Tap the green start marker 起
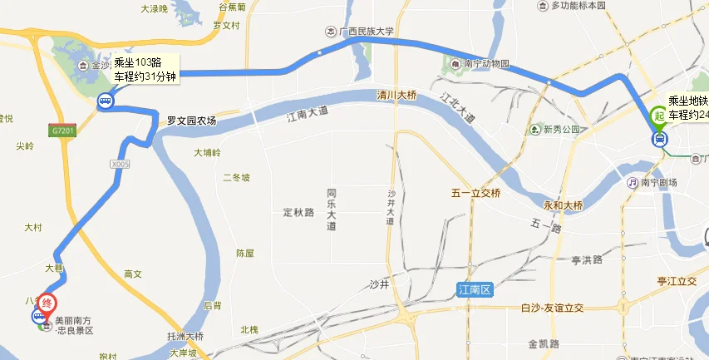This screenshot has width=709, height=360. click(659, 117)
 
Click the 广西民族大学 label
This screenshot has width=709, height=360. click(367, 32)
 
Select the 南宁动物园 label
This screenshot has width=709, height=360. click(486, 64)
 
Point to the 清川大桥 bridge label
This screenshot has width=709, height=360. click(396, 95)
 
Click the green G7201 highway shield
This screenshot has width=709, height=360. click(62, 131)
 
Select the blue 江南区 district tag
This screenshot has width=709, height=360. click(475, 289)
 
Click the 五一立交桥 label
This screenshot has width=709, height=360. click(476, 194)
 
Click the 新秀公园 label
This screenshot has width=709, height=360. click(560, 130)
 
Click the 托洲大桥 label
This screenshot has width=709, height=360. click(185, 337)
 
